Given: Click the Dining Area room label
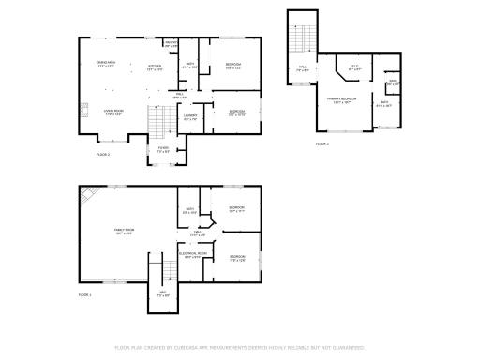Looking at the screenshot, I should (x=105, y=65).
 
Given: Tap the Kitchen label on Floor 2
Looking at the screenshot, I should (x=155, y=67).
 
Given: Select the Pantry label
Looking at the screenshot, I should (x=171, y=43).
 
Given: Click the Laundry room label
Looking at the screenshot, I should (x=190, y=118).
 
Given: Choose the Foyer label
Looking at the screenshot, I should (x=163, y=149).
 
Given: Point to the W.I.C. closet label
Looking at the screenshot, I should (x=354, y=67).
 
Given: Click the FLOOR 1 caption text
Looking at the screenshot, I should (x=85, y=295).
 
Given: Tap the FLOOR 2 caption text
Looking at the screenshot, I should (x=103, y=154).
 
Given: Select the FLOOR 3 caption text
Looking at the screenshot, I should (x=322, y=143).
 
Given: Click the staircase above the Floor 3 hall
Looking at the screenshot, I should (x=302, y=39).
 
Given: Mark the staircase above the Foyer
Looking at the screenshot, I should (x=157, y=120).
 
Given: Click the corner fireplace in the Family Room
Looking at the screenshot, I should (x=86, y=194).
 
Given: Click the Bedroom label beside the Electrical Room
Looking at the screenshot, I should (x=237, y=257).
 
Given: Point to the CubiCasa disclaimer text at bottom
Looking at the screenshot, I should (x=239, y=347).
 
